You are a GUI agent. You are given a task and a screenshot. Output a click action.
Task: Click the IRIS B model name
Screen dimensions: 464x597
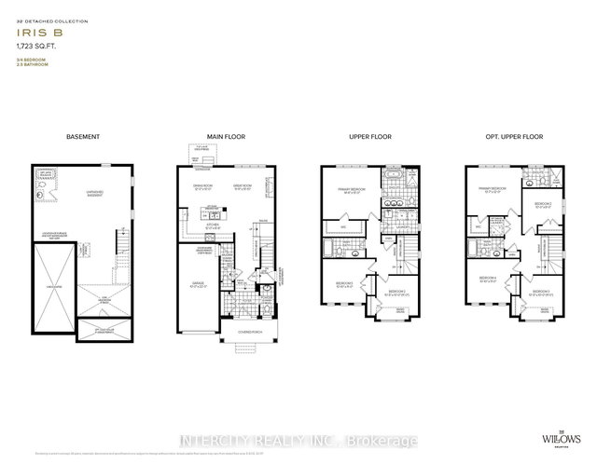pos(32,29)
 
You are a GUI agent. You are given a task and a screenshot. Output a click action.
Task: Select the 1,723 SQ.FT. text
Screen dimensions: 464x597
pos(34,44)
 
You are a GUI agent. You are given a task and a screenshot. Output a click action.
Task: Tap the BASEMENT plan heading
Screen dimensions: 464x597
pos(83,137)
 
